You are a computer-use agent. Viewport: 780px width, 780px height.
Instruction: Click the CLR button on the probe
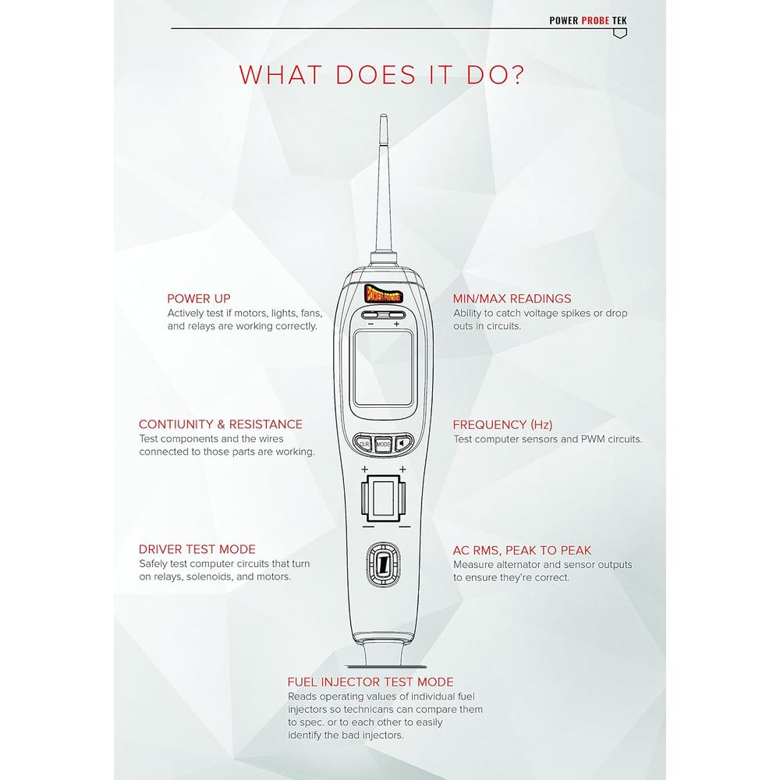pos(364,444)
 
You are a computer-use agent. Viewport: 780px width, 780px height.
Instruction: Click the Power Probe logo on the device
pos(383,294)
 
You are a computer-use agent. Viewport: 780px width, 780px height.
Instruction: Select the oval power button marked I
pos(383,565)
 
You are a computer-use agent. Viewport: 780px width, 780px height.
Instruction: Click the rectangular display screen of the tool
pos(383,368)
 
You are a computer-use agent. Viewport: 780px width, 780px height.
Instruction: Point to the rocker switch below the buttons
pos(383,498)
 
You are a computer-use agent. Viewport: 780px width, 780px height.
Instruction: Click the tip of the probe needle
pos(383,115)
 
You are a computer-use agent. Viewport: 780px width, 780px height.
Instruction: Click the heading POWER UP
pos(198,299)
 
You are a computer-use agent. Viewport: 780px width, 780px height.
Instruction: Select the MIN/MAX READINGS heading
pos(512,299)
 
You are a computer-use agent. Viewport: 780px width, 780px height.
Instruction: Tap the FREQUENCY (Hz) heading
pos(502,425)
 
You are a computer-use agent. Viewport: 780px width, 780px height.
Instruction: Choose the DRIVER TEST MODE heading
pos(197,550)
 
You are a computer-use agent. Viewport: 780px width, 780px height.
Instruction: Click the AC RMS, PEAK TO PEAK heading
pos(522,551)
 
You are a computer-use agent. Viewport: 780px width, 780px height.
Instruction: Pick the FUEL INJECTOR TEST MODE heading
pos(370,682)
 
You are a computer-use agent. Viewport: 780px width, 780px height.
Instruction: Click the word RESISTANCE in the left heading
pos(266,424)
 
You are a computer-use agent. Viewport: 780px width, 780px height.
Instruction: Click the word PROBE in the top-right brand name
pos(595,20)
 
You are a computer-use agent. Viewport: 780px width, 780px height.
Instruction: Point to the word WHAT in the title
pos(281,75)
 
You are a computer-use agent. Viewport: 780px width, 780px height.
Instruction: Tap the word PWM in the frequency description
pos(594,439)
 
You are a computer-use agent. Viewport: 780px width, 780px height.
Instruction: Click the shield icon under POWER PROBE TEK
pos(620,34)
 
